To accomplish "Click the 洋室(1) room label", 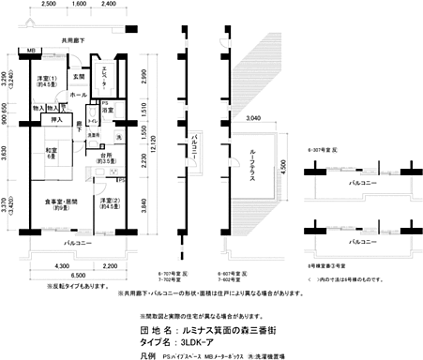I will (47, 81).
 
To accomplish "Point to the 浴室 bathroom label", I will (109, 111).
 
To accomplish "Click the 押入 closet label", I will (57, 120).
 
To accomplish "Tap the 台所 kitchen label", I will (107, 157).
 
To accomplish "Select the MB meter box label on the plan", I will (31, 50).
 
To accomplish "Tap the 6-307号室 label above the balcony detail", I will (324, 148).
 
